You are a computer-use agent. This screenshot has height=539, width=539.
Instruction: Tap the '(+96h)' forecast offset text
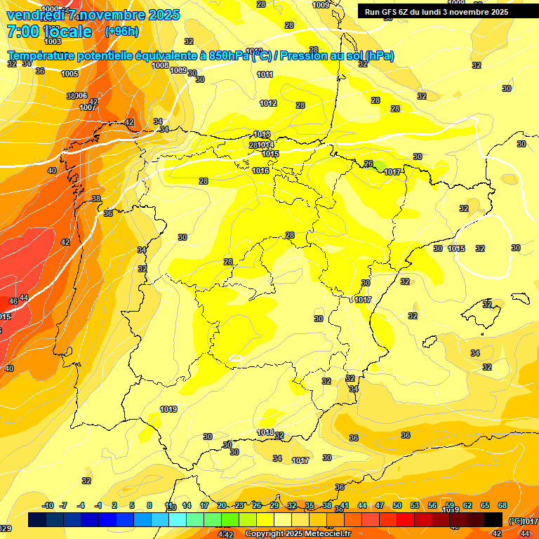pyautogui.click(x=121, y=32)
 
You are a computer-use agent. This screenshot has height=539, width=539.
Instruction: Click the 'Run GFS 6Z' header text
pyautogui.click(x=393, y=12)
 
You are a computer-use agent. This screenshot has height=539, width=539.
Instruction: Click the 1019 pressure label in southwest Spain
pyautogui.click(x=168, y=409)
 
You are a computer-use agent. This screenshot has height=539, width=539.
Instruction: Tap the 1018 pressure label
pyautogui.click(x=265, y=432)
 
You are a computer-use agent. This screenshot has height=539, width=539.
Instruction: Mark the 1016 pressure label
pyautogui.click(x=260, y=171)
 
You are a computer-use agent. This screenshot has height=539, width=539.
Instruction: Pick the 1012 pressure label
pyautogui.click(x=268, y=103)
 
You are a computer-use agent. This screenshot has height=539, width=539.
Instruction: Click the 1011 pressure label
pyautogui.click(x=265, y=74)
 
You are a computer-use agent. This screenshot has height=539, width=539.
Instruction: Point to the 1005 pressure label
pyautogui.click(x=69, y=74)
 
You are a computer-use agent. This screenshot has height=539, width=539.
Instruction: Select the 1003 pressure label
pyautogui.click(x=53, y=41)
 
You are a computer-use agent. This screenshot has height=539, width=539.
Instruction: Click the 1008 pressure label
pyautogui.click(x=160, y=65)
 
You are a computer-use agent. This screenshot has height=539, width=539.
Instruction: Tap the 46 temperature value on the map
pyautogui.click(x=13, y=300)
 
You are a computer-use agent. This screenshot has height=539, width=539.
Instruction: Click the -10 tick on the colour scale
pyautogui.click(x=48, y=505)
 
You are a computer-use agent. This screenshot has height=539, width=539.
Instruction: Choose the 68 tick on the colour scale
pyautogui.click(x=503, y=505)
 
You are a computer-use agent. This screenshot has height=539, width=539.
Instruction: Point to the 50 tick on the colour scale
pyautogui.click(x=397, y=505)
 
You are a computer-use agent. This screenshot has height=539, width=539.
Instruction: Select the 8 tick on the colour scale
pyautogui.click(x=149, y=505)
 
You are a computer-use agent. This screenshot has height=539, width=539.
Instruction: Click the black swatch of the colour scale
pyautogui.click(x=493, y=519)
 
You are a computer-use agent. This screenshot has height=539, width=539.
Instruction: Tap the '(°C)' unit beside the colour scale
pyautogui.click(x=515, y=521)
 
